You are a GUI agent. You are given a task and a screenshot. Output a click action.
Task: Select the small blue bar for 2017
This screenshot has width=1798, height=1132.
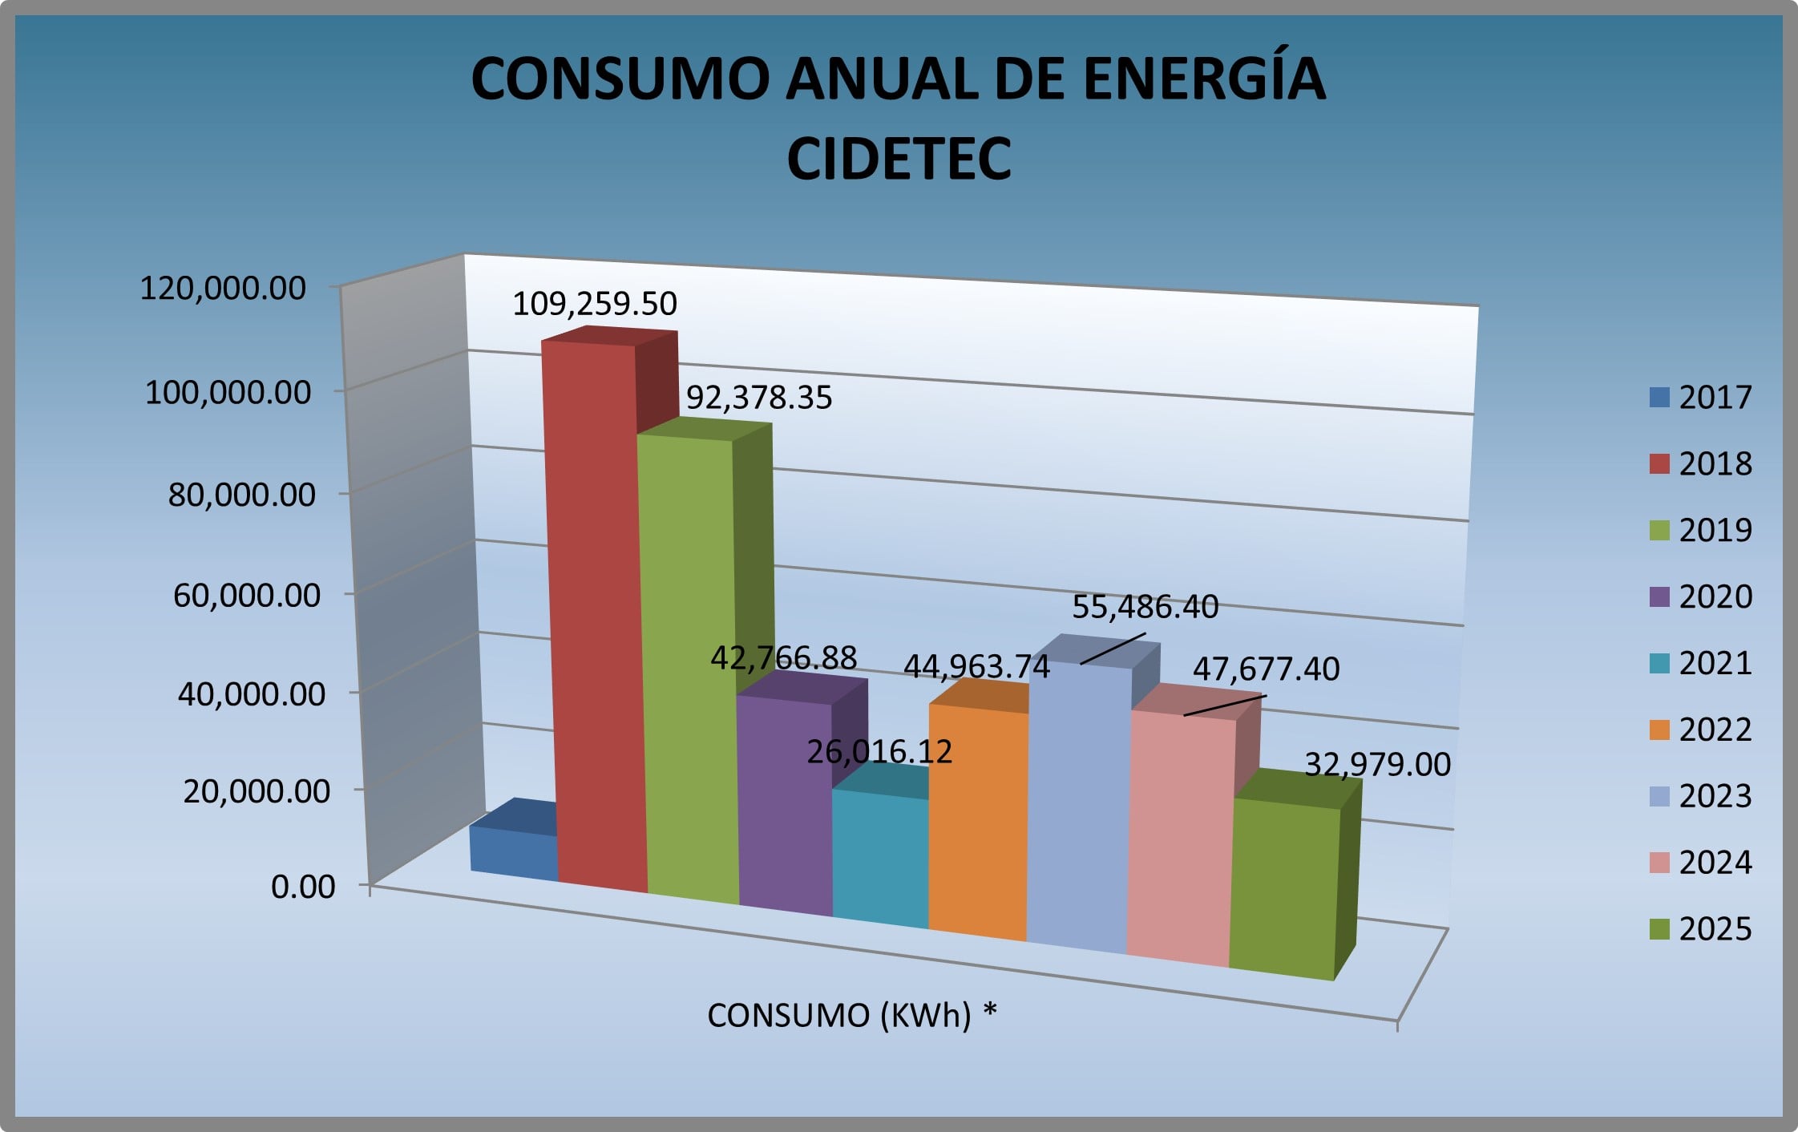pyautogui.click(x=513, y=852)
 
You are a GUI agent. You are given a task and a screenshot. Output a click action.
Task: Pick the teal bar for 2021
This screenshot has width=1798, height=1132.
pyautogui.click(x=880, y=858)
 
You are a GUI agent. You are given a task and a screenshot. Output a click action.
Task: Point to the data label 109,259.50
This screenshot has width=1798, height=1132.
pyautogui.click(x=595, y=304)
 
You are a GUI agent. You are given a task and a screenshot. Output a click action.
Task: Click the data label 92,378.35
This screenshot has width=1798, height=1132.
pyautogui.click(x=759, y=398)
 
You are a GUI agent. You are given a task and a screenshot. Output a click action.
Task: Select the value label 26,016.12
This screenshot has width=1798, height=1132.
pyautogui.click(x=879, y=752)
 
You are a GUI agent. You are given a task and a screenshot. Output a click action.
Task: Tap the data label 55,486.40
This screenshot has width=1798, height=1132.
pyautogui.click(x=1145, y=607)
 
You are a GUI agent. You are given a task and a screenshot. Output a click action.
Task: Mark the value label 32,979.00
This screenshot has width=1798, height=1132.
pyautogui.click(x=1377, y=765)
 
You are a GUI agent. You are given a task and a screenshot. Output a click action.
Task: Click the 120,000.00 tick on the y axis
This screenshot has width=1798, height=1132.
pyautogui.click(x=223, y=288)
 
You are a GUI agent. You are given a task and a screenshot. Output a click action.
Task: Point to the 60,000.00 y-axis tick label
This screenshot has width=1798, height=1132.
pyautogui.click(x=247, y=595)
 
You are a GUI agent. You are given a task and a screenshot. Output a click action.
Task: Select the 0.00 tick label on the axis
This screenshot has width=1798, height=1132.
pyautogui.click(x=303, y=887)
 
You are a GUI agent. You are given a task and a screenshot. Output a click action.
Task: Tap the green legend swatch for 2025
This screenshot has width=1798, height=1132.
pyautogui.click(x=1659, y=929)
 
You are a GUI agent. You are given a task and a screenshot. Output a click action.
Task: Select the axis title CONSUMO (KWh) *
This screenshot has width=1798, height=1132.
pyautogui.click(x=852, y=1016)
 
